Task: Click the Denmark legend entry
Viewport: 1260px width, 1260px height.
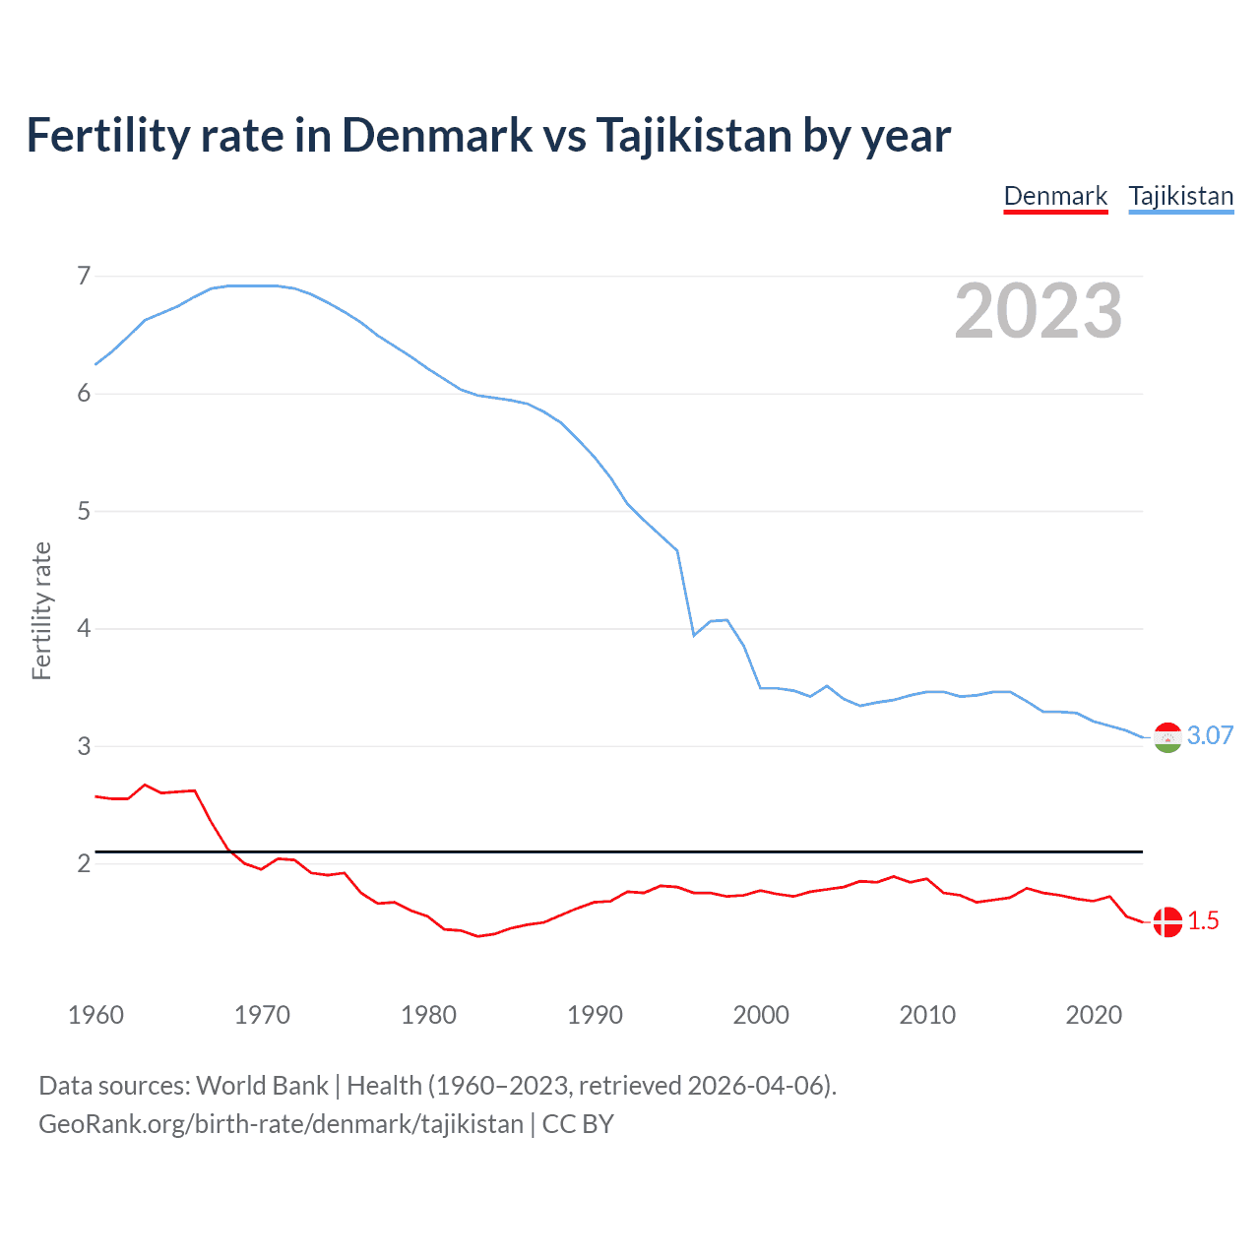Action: [x=1055, y=196]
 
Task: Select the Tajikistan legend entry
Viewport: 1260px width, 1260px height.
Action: [x=1180, y=196]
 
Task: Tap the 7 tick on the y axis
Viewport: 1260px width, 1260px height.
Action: [x=84, y=276]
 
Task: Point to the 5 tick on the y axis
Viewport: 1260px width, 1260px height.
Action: [x=84, y=511]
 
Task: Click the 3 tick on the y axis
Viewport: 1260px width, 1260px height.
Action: [x=84, y=746]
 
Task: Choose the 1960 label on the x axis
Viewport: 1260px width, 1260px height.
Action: [x=95, y=1015]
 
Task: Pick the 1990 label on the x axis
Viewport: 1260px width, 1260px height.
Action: [x=595, y=1015]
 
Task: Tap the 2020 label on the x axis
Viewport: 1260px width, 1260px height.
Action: [x=1094, y=1015]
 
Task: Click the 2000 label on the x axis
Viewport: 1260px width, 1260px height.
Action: [x=761, y=1015]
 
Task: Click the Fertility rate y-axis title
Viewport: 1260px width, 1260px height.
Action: [x=41, y=610]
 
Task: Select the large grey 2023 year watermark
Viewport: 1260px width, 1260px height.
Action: [x=1038, y=311]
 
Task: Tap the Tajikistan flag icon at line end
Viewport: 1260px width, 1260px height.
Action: [x=1167, y=737]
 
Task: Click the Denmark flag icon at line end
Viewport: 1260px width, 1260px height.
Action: [x=1167, y=922]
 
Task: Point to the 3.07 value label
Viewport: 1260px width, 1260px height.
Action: [x=1210, y=736]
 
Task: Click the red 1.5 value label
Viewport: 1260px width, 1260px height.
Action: [x=1203, y=921]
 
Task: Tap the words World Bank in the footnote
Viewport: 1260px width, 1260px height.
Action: [x=262, y=1086]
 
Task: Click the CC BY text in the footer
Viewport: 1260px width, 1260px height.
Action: [x=578, y=1124]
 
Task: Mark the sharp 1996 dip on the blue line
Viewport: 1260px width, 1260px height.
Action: [x=694, y=635]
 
